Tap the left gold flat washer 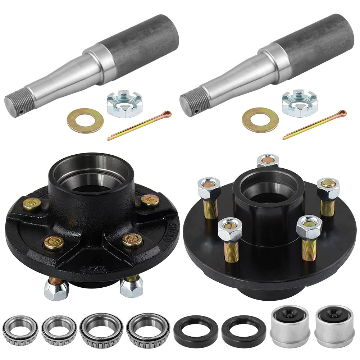pos(85,120)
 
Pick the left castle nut pos(124,104)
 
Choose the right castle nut pos(300,104)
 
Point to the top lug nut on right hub pos(268,160)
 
